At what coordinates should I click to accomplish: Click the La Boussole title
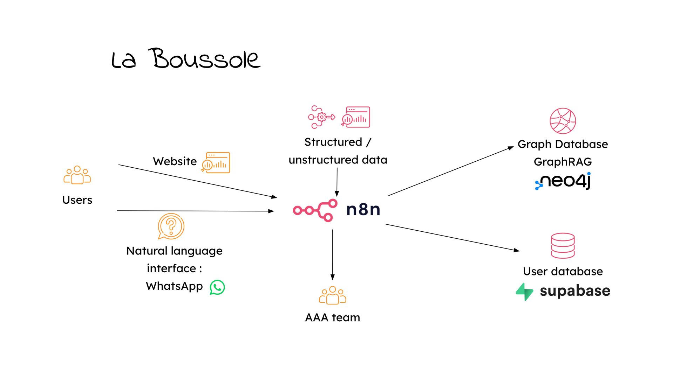pyautogui.click(x=186, y=59)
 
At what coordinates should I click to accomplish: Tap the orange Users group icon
pyautogui.click(x=77, y=175)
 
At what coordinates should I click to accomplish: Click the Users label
pyautogui.click(x=77, y=200)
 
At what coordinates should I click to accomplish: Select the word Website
pyautogui.click(x=175, y=161)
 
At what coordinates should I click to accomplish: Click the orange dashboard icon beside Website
pyautogui.click(x=216, y=162)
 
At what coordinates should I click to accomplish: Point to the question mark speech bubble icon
pyautogui.click(x=171, y=226)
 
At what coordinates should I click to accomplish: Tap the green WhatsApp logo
pyautogui.click(x=217, y=287)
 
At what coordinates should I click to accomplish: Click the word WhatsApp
pyautogui.click(x=174, y=286)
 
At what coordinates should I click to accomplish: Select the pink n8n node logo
pyautogui.click(x=315, y=210)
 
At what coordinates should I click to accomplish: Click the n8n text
pyautogui.click(x=363, y=210)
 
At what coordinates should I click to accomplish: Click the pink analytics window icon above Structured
pyautogui.click(x=356, y=117)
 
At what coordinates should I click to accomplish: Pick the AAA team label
pyautogui.click(x=332, y=317)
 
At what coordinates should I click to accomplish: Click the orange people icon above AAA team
pyautogui.click(x=332, y=295)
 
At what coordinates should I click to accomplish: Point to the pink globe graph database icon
pyautogui.click(x=563, y=121)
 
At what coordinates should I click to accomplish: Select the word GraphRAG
pyautogui.click(x=563, y=162)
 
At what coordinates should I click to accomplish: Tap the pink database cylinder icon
pyautogui.click(x=563, y=245)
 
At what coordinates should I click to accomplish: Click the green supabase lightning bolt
pyautogui.click(x=524, y=292)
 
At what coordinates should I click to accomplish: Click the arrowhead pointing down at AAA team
pyautogui.click(x=332, y=277)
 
